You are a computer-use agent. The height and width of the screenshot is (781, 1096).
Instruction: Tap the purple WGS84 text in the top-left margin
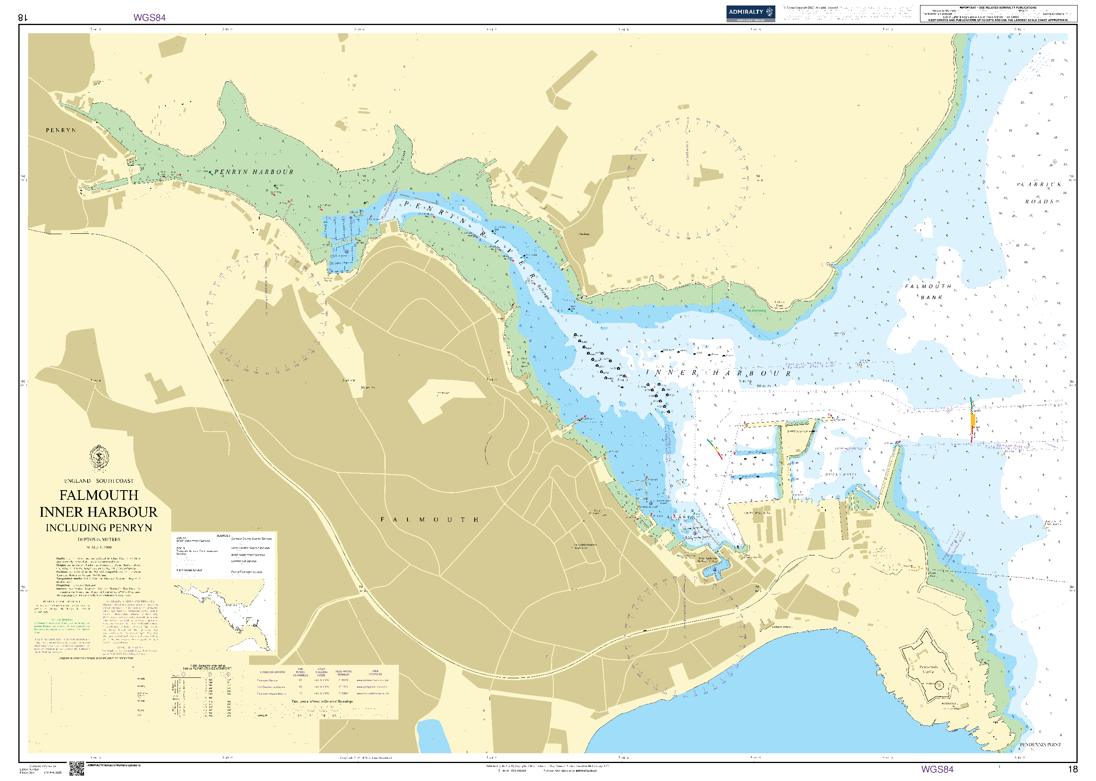coord(150,18)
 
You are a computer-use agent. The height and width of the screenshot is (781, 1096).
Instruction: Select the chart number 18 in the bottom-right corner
coord(1072,769)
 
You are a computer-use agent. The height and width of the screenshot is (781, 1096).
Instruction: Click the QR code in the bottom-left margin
coord(77,768)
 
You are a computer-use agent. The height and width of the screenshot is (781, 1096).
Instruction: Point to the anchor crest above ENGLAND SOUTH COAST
coord(99,458)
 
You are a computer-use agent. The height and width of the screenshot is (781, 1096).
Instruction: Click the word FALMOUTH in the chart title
coord(99,495)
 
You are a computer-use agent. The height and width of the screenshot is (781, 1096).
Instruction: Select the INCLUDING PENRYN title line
coord(99,528)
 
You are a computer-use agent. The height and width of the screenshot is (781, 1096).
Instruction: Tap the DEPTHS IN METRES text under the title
coord(99,539)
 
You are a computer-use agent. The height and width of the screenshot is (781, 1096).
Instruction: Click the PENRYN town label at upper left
coord(61,130)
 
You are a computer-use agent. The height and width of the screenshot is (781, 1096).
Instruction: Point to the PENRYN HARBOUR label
coord(253,172)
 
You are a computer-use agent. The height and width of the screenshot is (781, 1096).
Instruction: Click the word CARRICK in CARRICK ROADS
coord(1041,185)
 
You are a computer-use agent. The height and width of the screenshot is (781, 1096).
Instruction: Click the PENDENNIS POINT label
coord(1040,744)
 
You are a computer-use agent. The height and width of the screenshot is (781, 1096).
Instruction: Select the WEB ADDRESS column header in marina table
coord(375,672)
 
